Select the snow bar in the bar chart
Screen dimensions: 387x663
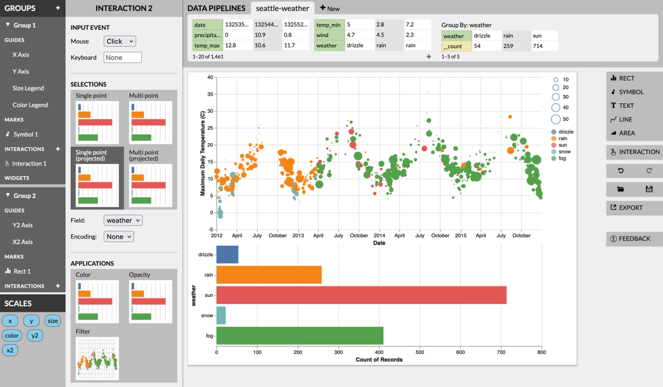tap(221, 315)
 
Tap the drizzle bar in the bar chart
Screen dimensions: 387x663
tap(227, 255)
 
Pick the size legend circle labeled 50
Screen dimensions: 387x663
tap(556, 119)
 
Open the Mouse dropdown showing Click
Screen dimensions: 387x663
tap(119, 41)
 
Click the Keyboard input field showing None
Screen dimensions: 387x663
tap(123, 57)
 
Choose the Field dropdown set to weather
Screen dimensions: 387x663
tap(123, 220)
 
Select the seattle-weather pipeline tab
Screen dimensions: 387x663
tap(283, 8)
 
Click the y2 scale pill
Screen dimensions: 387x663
tap(34, 335)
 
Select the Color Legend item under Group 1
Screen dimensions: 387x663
tap(30, 105)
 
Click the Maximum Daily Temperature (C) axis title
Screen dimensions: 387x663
tap(203, 153)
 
